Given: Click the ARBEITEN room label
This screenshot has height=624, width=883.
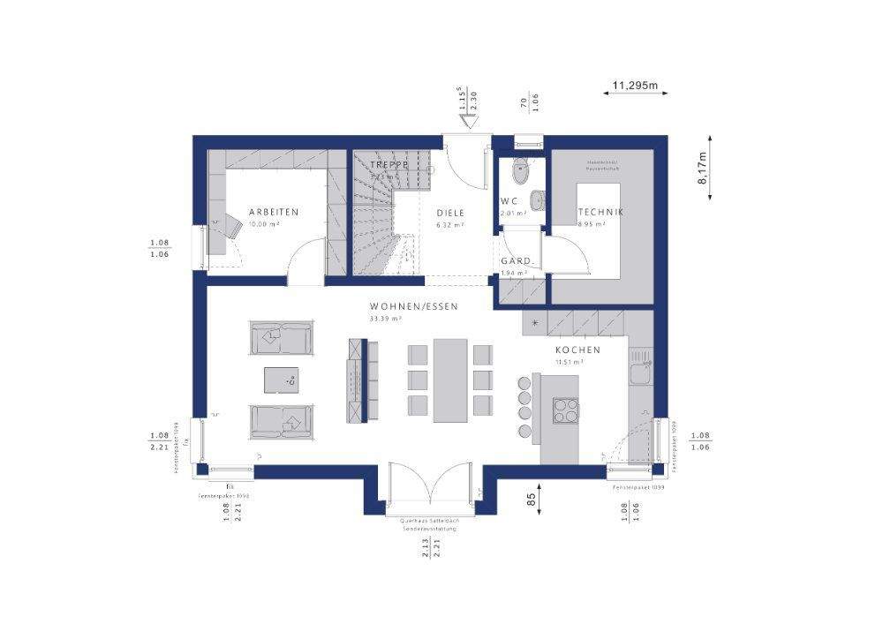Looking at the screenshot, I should coord(273,212).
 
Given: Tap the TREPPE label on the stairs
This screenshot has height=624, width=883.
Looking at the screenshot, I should coord(388,165).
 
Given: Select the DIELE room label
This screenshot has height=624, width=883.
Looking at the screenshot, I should coord(450,213).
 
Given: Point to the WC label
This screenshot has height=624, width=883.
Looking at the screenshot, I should coord(509,201).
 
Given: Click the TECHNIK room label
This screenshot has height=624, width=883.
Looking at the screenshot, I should coord(600,212).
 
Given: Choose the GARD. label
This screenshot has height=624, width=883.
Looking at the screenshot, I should coord(516,261).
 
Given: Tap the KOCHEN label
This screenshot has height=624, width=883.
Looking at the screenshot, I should coord(577,350).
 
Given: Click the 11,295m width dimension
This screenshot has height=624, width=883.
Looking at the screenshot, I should coord(636,86).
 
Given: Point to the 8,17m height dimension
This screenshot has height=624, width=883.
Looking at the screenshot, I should coord(703,168).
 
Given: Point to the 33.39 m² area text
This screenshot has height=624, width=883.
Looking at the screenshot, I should coord(386,318).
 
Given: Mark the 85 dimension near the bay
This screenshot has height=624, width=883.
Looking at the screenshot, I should coord(532,500).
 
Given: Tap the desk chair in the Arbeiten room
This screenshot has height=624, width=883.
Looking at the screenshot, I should coord(230,227).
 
